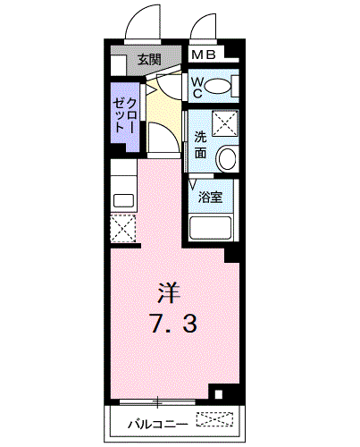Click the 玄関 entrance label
coord(149,60)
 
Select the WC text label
coord(198,86)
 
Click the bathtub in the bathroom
coord(211,229)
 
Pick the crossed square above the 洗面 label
coord(225,121)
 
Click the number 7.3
coord(172,323)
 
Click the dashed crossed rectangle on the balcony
coord(215,417)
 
